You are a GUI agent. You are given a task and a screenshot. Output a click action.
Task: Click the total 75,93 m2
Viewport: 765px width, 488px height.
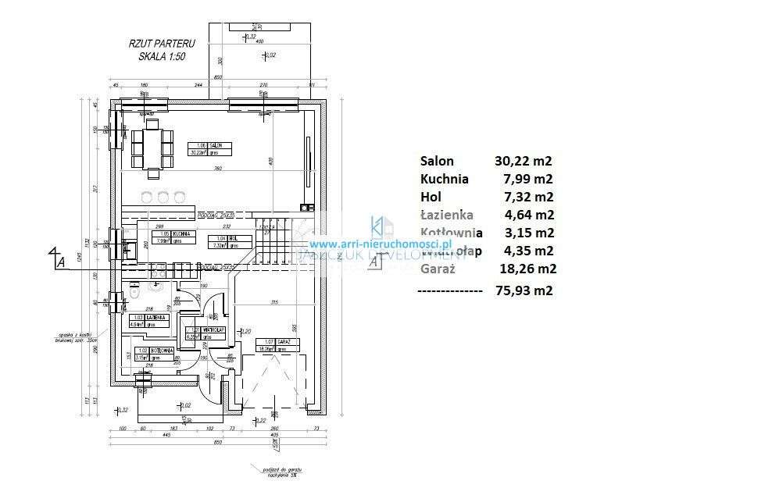pyautogui.click(x=524, y=290)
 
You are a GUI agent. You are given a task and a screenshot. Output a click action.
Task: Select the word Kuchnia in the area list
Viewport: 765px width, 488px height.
pyautogui.click(x=445, y=180)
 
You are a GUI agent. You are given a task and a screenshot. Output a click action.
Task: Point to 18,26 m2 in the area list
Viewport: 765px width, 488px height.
pyautogui.click(x=525, y=269)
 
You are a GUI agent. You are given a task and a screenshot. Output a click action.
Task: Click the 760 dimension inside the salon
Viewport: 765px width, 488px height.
pyautogui.click(x=218, y=169)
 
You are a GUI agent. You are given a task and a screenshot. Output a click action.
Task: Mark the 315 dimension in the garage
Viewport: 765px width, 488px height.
pyautogui.click(x=273, y=302)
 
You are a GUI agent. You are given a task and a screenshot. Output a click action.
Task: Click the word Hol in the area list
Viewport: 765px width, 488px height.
pyautogui.click(x=431, y=198)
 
